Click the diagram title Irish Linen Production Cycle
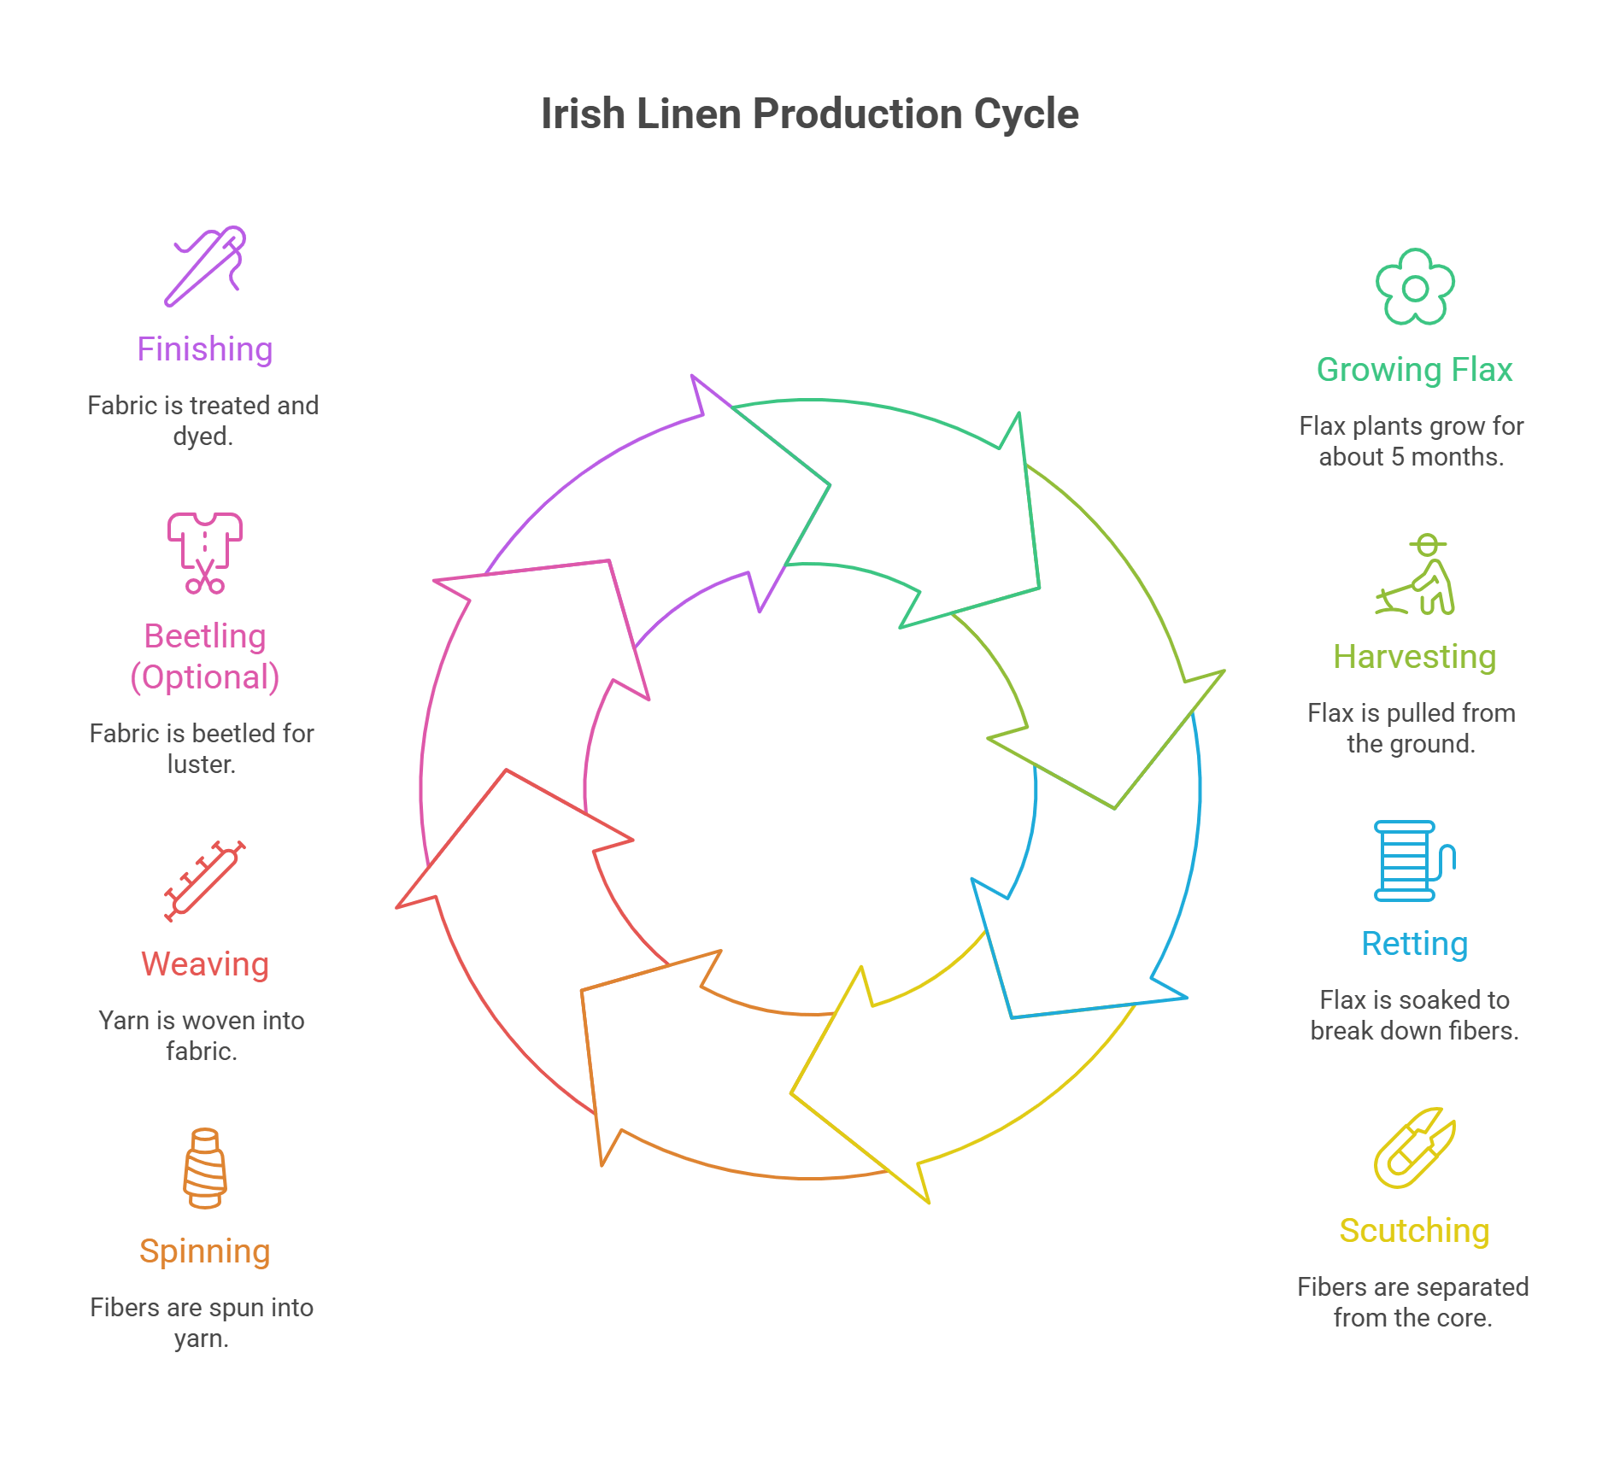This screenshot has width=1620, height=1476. point(809,114)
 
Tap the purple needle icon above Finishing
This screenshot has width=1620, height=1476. point(205,266)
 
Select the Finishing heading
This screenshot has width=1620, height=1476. point(205,349)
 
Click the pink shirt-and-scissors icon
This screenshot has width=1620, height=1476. point(205,553)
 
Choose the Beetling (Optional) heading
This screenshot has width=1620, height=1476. point(205,657)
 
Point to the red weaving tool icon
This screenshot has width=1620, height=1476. point(205,880)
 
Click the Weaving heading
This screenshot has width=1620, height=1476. point(205,964)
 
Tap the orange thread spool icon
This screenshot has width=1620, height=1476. point(205,1168)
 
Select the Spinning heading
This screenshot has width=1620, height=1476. point(205,1251)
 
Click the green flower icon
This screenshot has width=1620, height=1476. point(1415,287)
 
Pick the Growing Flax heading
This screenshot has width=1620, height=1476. point(1414,370)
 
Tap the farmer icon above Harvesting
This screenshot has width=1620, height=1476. point(1415,575)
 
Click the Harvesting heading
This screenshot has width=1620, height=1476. point(1414,657)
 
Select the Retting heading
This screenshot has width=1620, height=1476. point(1414,944)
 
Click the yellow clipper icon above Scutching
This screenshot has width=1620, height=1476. point(1414,1148)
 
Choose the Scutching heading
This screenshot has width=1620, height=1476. point(1414,1231)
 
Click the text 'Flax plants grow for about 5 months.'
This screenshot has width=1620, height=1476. point(1412,442)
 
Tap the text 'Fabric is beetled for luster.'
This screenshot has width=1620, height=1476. point(202,749)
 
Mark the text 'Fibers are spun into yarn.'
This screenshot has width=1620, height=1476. point(202,1323)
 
